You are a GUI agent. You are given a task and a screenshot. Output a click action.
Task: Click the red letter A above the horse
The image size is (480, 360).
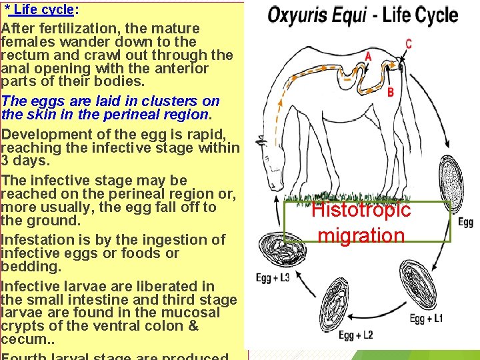click(368, 57)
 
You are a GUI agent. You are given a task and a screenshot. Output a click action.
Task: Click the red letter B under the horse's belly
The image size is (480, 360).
click(391, 92)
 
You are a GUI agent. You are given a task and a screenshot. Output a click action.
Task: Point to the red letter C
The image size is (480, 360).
click(408, 44)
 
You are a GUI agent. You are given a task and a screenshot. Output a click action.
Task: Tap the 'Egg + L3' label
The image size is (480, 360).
click(273, 277)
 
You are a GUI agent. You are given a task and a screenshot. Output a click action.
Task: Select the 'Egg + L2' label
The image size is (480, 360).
click(355, 335)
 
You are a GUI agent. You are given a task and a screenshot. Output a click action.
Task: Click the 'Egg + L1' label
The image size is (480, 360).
click(427, 318)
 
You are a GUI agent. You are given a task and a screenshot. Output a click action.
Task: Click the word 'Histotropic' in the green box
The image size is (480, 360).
click(361, 210)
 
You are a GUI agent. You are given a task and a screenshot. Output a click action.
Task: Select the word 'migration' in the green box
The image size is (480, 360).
click(361, 235)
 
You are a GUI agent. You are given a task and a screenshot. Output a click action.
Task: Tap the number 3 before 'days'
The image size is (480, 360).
click(5, 161)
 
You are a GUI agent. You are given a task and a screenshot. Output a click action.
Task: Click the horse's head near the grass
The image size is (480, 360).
click(275, 175)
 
